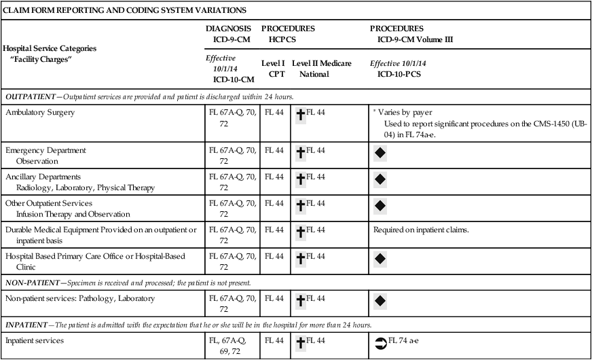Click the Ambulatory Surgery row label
[x=40, y=112]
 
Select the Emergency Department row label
[x=45, y=149]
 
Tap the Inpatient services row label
[x=35, y=340]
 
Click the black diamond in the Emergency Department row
[x=380, y=154]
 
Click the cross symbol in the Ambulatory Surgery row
[x=300, y=115]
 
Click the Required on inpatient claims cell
[x=421, y=230]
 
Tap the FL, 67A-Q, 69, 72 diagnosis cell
[x=230, y=346]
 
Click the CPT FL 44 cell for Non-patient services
[x=274, y=298]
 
